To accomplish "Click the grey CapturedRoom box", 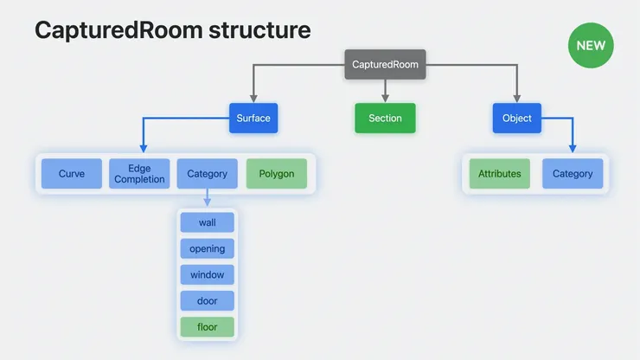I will (x=385, y=65).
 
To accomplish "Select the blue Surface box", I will (x=253, y=119).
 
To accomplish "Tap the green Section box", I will (x=385, y=119).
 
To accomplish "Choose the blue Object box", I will (x=516, y=119).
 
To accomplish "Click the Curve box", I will (x=72, y=174).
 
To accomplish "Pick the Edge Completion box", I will (x=139, y=174).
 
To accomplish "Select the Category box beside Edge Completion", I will (x=208, y=174).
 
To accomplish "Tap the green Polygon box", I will (x=277, y=174).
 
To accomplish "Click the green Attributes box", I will (x=500, y=174).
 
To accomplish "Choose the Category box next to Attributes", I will (x=573, y=174).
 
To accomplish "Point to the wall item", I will (x=208, y=222).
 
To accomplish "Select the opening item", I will (x=208, y=248).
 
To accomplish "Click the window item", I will (x=208, y=274).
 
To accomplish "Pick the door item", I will (x=208, y=300).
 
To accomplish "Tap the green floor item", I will (x=208, y=327).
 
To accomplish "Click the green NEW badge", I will (x=591, y=44).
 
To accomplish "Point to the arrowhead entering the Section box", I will (x=385, y=99).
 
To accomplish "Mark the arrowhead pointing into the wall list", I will (x=208, y=204).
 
